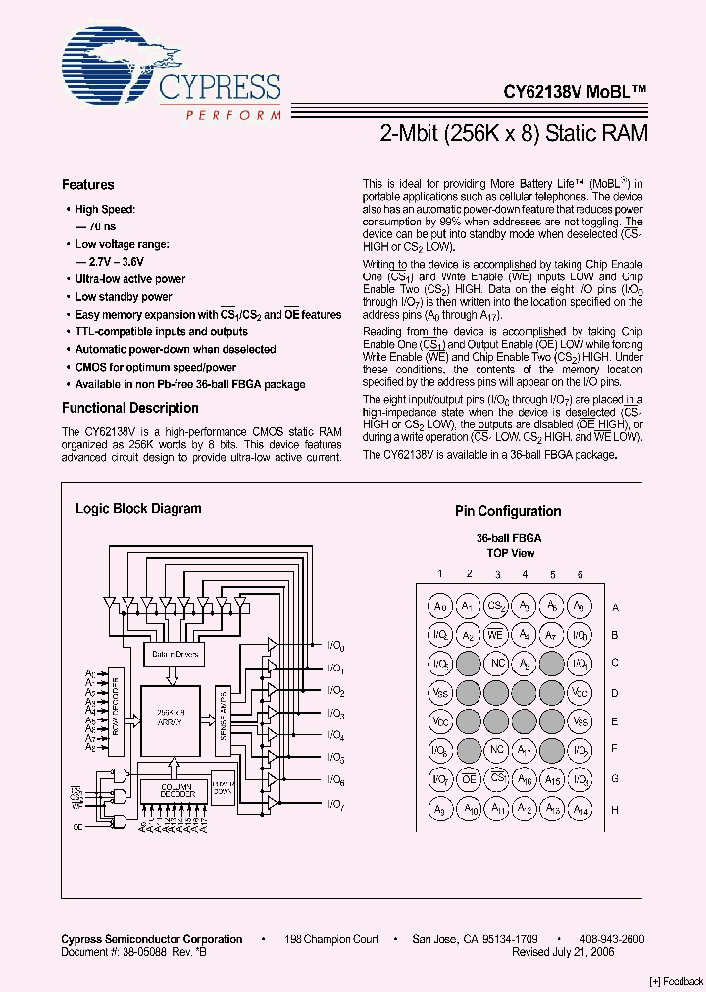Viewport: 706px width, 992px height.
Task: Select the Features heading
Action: (x=88, y=184)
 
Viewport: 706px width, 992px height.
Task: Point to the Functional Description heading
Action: (x=130, y=408)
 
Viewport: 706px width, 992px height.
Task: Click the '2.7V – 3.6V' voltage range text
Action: (x=111, y=262)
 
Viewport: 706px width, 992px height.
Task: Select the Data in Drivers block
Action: (x=176, y=654)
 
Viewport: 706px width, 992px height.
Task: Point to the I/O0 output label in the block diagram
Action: (x=336, y=646)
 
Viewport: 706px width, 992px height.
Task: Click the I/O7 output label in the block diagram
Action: (x=336, y=805)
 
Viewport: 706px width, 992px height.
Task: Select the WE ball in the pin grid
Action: (x=497, y=635)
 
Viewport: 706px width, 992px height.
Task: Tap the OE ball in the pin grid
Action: (x=470, y=779)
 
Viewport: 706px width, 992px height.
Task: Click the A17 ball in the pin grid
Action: (x=525, y=751)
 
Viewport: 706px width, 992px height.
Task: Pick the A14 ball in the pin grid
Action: (x=580, y=809)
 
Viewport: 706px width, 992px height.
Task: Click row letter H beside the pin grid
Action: (x=615, y=809)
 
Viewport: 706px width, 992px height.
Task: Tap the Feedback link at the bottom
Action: (x=676, y=981)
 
